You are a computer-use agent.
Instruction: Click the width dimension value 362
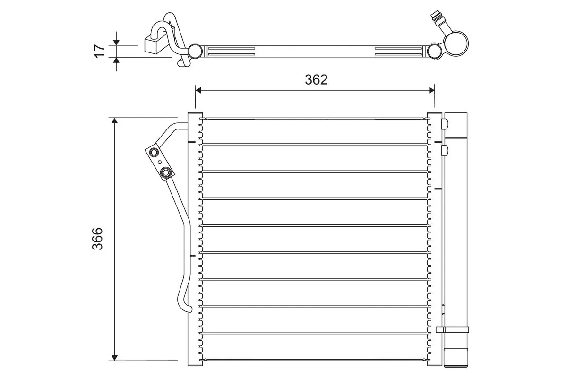[x=316, y=80]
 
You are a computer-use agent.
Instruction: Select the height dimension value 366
[x=97, y=239]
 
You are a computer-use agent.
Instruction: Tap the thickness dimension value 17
[x=99, y=51]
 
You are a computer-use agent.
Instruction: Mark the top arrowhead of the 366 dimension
[x=114, y=122]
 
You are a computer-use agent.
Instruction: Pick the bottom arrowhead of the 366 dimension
[x=114, y=356]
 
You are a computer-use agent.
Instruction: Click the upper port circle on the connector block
[x=154, y=153]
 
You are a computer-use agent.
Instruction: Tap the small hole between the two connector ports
[x=160, y=162]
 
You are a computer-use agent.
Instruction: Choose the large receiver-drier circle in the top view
[x=456, y=43]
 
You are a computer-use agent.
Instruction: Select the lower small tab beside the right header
[x=444, y=151]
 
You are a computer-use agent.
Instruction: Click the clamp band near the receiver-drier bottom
[x=452, y=330]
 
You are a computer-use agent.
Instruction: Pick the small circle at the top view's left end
[x=194, y=51]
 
